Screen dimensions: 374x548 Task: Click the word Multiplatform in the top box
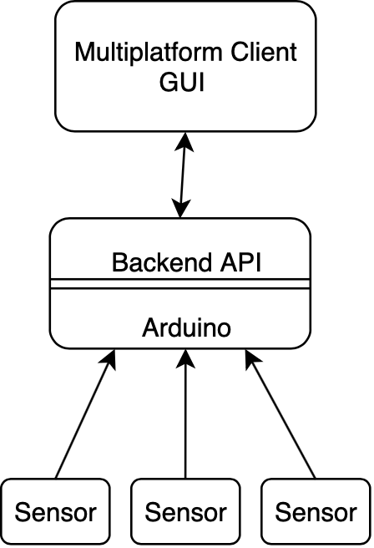click(148, 53)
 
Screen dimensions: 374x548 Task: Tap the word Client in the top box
click(264, 52)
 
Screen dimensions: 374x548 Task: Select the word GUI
click(182, 83)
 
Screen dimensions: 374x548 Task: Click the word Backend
click(162, 262)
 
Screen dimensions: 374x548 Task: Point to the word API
click(240, 262)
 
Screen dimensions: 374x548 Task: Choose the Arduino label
click(186, 327)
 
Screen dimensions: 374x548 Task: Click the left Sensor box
click(56, 511)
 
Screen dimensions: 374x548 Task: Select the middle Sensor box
click(186, 511)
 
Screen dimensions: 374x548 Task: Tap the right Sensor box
click(316, 511)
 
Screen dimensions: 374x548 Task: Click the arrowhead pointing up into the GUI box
click(184, 141)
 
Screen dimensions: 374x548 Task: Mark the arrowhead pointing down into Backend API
click(180, 208)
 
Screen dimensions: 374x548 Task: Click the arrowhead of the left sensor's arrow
click(109, 359)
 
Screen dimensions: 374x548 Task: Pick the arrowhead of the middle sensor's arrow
click(185, 358)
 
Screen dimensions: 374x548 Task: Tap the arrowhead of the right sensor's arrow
click(251, 359)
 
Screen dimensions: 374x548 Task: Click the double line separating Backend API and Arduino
click(180, 284)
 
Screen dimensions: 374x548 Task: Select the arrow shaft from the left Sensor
click(83, 420)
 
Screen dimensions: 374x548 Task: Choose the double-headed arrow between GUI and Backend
click(183, 175)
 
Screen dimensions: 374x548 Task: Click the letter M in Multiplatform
click(84, 52)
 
